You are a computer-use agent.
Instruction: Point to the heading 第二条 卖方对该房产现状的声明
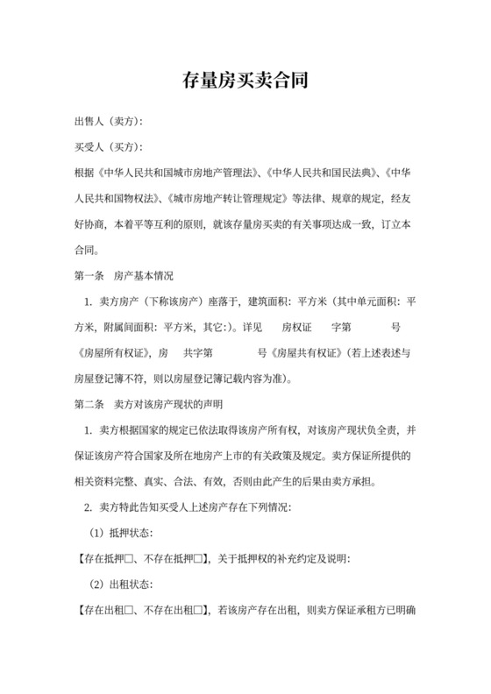[148, 406]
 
